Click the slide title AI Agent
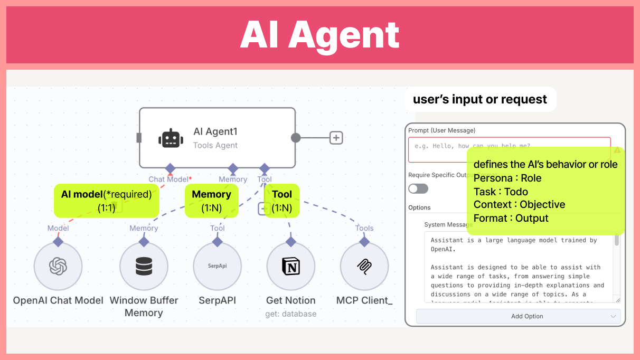pos(319,35)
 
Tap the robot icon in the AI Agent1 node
pos(171,138)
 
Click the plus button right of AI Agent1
pos(336,138)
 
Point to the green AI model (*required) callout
pos(106,201)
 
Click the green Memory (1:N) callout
pos(211,201)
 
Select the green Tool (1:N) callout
pos(282,201)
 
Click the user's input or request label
pos(480,99)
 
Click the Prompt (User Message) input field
pos(436,149)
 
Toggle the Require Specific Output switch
pos(418,188)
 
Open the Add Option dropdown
pos(518,316)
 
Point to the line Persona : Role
pos(507,178)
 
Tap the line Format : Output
pos(511,218)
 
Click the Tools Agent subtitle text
pos(215,145)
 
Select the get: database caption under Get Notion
pos(290,314)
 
